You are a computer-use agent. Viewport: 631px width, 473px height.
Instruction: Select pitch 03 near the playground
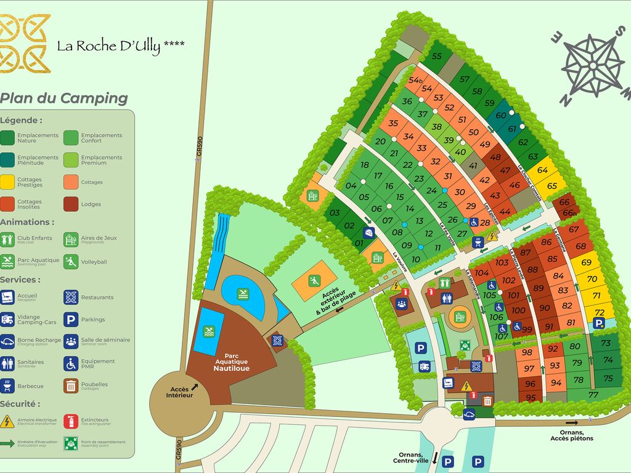(x=335, y=213)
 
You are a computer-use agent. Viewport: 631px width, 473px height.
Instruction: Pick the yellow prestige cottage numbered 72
(x=599, y=312)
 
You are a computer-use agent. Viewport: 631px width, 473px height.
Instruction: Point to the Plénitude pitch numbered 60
(x=501, y=115)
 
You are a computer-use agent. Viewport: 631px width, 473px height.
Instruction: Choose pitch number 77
(x=593, y=395)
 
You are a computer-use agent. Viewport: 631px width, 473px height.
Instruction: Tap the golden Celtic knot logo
(x=25, y=44)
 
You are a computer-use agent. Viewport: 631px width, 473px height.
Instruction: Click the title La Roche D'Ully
(x=120, y=46)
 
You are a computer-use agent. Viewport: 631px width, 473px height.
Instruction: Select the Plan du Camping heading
(x=64, y=98)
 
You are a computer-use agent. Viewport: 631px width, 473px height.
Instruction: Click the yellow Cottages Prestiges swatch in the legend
(x=8, y=182)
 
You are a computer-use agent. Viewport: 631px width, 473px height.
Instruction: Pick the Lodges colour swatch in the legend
(x=71, y=204)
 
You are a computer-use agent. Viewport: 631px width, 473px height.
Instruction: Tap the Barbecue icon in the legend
(x=8, y=386)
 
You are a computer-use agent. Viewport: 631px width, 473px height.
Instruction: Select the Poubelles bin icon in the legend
(x=71, y=386)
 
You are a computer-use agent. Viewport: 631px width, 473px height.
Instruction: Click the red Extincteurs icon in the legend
(x=71, y=422)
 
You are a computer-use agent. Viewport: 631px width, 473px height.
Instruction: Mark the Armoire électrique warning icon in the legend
(x=8, y=422)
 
